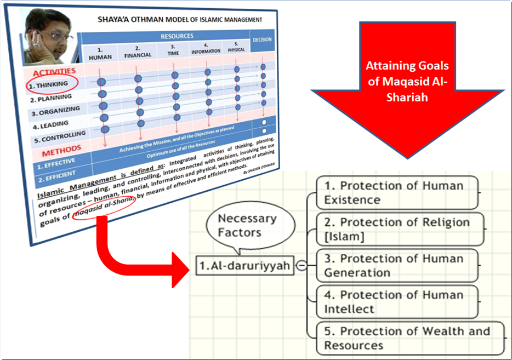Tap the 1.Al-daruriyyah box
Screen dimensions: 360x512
(x=243, y=266)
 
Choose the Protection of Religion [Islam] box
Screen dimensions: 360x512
(x=400, y=229)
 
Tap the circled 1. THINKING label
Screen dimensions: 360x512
(x=49, y=84)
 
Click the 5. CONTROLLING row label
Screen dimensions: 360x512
(x=56, y=135)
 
